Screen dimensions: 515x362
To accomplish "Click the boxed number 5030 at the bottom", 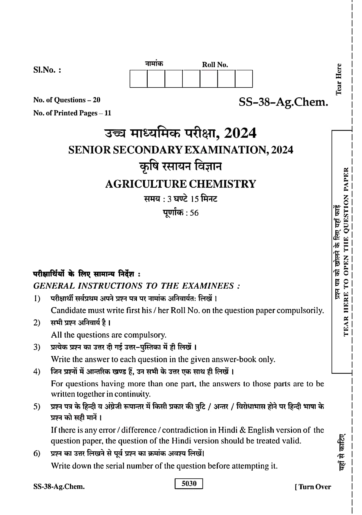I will [189, 484].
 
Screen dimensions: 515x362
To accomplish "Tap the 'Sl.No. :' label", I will [47, 70].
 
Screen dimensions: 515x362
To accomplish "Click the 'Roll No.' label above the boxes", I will [215, 65].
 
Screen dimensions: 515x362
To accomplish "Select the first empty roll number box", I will [138, 78].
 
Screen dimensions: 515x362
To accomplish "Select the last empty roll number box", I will [244, 78].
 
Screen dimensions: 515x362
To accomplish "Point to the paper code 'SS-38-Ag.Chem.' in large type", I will [283, 102].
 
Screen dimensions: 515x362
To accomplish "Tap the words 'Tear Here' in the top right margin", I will [339, 79].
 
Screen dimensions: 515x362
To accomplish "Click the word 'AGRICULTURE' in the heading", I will [146, 184].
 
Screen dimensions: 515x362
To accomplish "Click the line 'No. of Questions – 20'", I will [67, 100].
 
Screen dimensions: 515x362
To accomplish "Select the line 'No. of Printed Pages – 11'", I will [72, 113].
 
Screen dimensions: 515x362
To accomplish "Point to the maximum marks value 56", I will [194, 213].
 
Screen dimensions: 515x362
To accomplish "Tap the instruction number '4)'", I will [37, 371].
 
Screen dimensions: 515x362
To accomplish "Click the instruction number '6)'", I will [37, 453].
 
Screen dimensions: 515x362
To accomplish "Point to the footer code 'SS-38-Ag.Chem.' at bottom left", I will [59, 487].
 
